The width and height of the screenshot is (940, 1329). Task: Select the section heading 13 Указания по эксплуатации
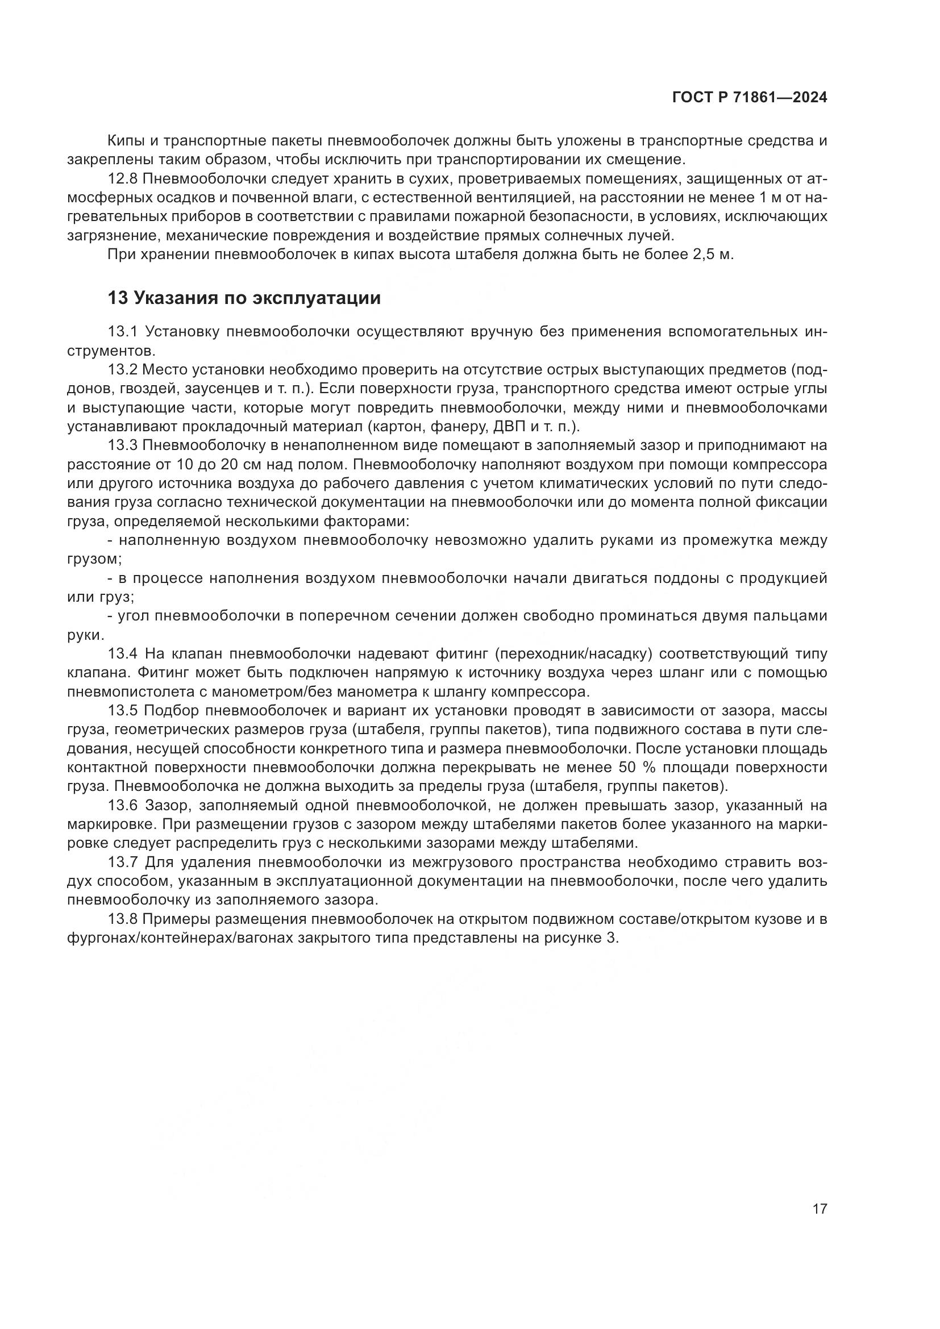pos(244,299)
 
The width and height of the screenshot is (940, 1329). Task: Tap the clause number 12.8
pos(122,179)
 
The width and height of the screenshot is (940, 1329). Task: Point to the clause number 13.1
pos(122,332)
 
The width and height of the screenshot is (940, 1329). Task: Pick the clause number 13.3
pos(122,445)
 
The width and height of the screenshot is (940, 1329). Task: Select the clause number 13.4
pos(123,654)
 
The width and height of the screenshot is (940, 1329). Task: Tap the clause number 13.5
pos(123,711)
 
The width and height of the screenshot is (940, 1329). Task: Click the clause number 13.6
pos(123,806)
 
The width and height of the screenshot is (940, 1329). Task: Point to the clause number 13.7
pos(123,863)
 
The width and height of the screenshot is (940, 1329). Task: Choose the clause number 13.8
pos(122,919)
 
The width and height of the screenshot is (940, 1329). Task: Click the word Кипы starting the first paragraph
pos(125,141)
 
